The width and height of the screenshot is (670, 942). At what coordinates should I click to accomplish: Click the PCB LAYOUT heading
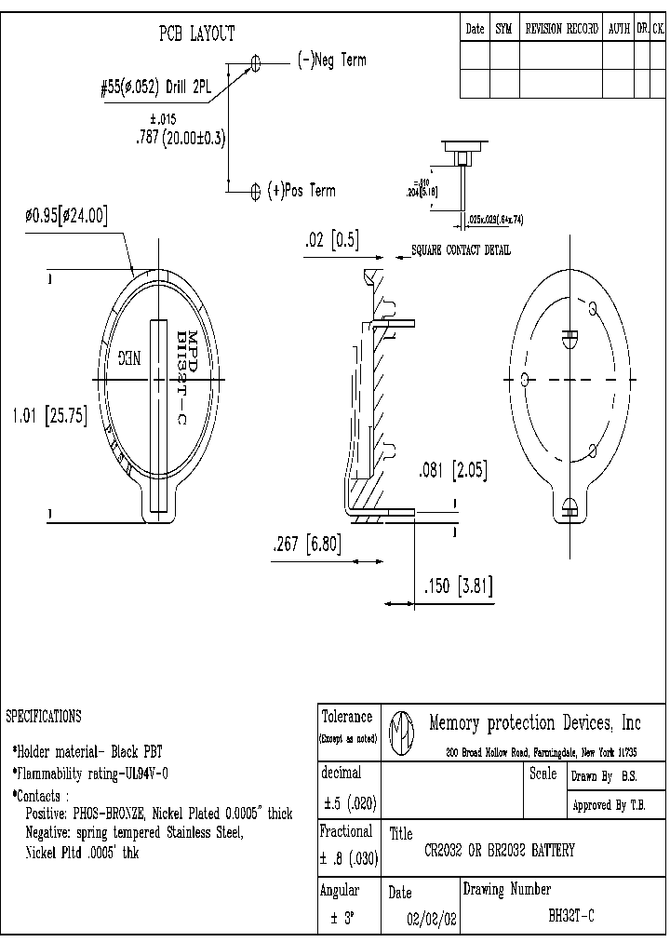196,34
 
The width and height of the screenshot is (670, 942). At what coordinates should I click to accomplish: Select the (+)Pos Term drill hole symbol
256,191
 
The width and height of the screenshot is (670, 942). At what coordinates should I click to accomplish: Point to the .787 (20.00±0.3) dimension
181,137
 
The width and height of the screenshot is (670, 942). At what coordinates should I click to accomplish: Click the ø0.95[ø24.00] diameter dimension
66,216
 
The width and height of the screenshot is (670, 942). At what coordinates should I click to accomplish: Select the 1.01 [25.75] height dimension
49,417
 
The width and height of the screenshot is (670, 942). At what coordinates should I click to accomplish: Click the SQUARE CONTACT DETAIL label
461,251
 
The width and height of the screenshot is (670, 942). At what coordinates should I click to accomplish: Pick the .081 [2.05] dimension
452,470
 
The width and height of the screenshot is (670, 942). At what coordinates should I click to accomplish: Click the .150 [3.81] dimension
457,586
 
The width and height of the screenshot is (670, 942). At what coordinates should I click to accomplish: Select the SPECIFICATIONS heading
44,716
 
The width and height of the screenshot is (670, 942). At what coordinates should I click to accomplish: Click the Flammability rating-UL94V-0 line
90,773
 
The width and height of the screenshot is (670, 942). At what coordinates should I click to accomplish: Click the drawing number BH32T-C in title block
570,916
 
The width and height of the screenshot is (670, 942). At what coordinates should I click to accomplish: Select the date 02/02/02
433,917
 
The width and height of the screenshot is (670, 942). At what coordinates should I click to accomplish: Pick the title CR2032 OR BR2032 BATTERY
499,850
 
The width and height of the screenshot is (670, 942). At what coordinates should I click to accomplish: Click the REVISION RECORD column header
562,29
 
